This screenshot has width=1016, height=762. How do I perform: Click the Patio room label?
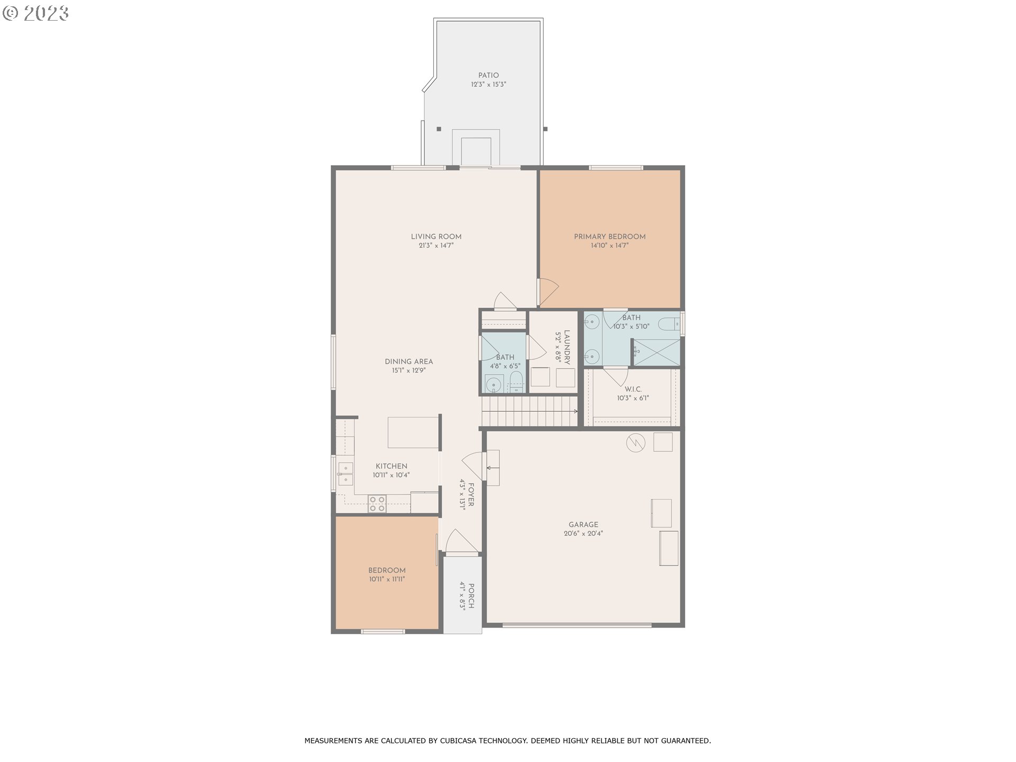(x=488, y=76)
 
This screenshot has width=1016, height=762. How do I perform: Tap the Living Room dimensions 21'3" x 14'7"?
(x=436, y=246)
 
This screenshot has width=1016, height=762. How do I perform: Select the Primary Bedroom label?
(x=610, y=237)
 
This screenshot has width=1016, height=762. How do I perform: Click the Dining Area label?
(x=409, y=362)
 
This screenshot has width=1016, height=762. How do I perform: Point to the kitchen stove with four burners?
(x=377, y=503)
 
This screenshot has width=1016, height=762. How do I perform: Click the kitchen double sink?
(x=346, y=474)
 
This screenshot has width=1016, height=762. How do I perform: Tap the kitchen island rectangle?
(x=413, y=432)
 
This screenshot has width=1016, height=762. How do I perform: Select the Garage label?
(x=583, y=524)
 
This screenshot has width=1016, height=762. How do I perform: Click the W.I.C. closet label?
(x=633, y=389)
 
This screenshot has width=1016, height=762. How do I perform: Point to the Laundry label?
(x=567, y=347)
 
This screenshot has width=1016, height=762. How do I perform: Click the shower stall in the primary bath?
(x=657, y=352)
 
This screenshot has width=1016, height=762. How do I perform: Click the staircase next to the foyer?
(x=529, y=411)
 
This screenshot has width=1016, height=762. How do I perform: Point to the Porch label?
(x=470, y=596)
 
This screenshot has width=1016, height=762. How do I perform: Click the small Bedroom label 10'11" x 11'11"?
(x=387, y=570)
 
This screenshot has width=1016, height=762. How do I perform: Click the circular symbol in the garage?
(x=636, y=443)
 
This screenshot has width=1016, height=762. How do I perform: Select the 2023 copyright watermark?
(x=36, y=13)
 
